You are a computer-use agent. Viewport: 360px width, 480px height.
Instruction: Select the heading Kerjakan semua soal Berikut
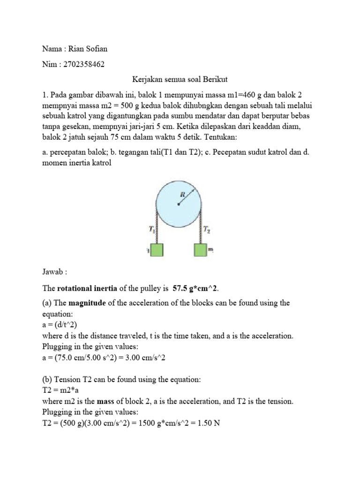point(180,80)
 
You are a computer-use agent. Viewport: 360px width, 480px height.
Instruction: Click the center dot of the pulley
point(178,204)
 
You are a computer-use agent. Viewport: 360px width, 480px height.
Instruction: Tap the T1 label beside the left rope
point(151,230)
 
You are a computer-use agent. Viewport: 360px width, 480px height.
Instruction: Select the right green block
point(200,250)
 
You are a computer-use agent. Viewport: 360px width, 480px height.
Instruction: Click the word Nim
point(49,64)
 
